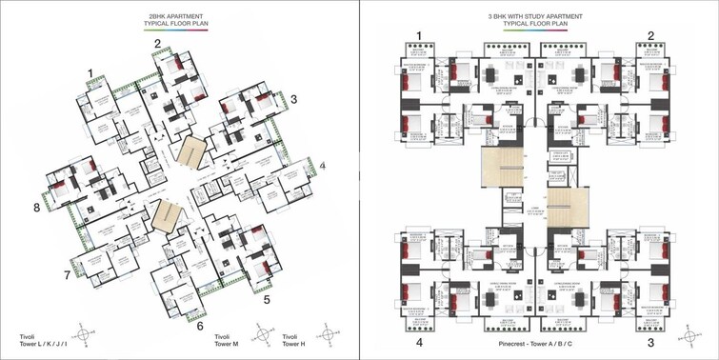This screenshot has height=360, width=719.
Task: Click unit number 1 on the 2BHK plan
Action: pos(90,73)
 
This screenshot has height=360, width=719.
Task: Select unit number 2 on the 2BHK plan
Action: pos(158,43)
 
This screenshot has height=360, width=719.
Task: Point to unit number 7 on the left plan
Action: pos(68,276)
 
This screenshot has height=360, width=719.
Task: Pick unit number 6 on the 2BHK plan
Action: pos(200,326)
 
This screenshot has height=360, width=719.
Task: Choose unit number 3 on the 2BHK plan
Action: pos(294,99)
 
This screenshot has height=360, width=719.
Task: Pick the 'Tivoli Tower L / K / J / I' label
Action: pos(39,341)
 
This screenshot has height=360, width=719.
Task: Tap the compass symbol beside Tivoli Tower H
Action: pos(330,334)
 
